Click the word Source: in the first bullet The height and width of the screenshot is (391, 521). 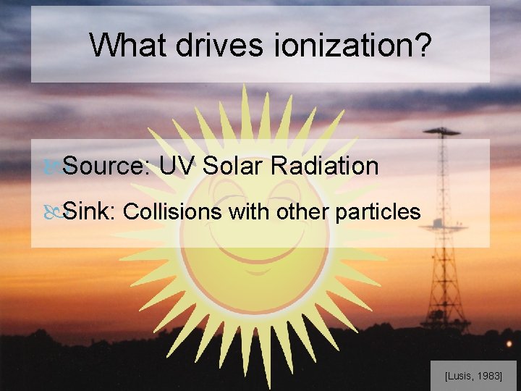click(x=106, y=166)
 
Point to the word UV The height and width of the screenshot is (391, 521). click(x=177, y=166)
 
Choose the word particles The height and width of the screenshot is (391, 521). click(x=378, y=211)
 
